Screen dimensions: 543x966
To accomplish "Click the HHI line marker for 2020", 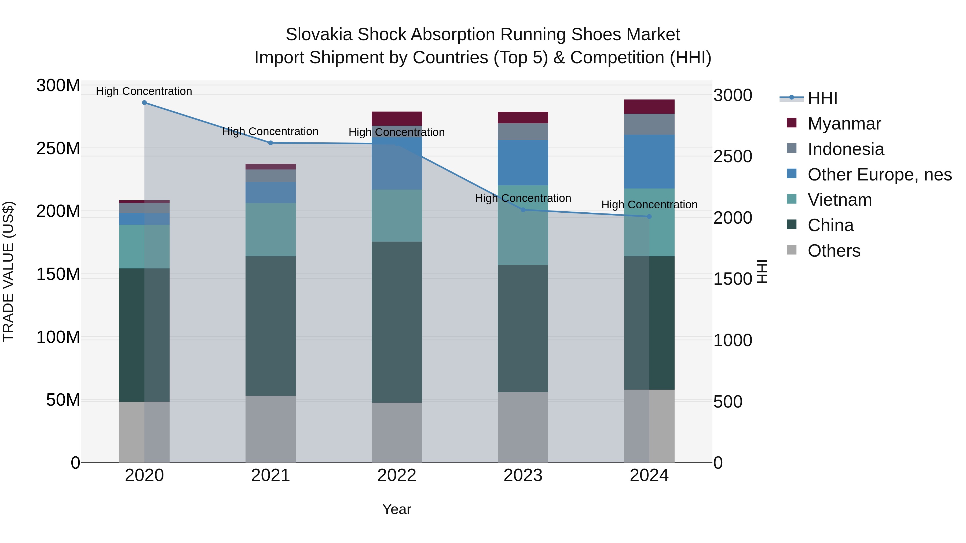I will [144, 103].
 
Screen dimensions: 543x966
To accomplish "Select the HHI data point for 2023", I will [523, 210].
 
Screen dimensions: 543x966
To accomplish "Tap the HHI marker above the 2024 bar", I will [649, 217].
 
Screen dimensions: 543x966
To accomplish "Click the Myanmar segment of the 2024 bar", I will [649, 107].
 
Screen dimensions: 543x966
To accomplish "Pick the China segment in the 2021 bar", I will [270, 326].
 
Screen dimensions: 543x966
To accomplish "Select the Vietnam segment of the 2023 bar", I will [523, 225].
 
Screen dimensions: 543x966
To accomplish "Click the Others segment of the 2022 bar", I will [397, 433].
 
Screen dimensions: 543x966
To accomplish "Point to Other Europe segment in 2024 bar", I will [649, 161].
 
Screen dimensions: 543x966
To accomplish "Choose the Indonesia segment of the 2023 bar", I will [523, 132].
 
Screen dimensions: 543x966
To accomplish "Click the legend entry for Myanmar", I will [844, 124].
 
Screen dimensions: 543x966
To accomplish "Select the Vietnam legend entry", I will [840, 200].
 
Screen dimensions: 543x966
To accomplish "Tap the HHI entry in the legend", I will [822, 98].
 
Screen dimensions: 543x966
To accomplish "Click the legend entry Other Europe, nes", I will [879, 175].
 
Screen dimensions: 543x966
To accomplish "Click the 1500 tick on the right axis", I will [732, 279].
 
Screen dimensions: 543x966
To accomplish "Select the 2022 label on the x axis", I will [397, 475].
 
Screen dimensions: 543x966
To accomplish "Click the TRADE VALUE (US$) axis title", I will [9, 272].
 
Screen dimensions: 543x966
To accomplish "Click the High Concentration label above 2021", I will [270, 132].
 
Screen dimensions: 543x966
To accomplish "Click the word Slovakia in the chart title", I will [319, 35].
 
